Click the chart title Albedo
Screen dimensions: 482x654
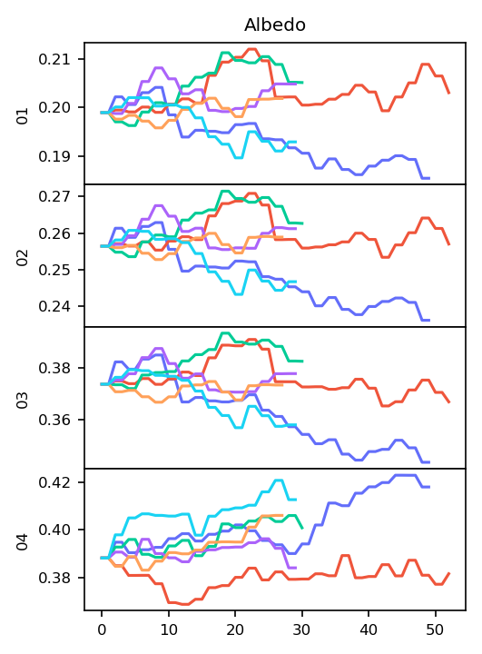(x=275, y=25)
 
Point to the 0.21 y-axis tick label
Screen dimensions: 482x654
(x=54, y=59)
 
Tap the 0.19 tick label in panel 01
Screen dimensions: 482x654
(x=54, y=156)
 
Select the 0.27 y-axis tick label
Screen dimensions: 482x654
(x=54, y=196)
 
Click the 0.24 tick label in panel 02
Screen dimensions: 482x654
(x=54, y=307)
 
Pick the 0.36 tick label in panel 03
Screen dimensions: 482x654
(x=54, y=420)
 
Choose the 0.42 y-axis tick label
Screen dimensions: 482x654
(x=54, y=482)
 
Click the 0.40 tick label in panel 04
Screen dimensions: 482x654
(x=54, y=530)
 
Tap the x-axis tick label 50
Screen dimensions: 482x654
(x=436, y=629)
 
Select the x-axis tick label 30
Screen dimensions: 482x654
(x=302, y=629)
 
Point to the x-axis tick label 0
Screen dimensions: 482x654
(x=102, y=629)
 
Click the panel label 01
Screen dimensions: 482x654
(x=23, y=116)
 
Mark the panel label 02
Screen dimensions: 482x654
(x=23, y=258)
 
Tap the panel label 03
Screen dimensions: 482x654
(x=23, y=400)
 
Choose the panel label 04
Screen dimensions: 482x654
(x=23, y=541)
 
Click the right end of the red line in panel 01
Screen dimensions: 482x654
(x=449, y=93)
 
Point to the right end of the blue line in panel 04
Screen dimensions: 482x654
(x=429, y=487)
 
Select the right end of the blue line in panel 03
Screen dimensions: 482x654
(x=429, y=462)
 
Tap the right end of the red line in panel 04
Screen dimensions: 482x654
(x=449, y=573)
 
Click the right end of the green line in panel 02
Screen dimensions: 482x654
(x=302, y=223)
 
